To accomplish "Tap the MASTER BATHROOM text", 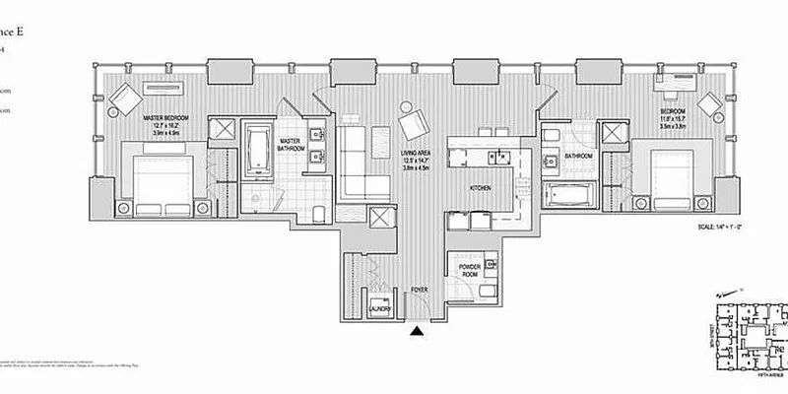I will pos(290,146).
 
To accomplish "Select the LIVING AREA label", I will pos(418,155).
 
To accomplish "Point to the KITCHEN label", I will pos(480,187).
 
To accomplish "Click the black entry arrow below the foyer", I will pos(418,333).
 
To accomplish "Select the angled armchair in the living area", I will pos(414,122).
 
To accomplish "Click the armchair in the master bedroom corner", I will pos(124,98).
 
